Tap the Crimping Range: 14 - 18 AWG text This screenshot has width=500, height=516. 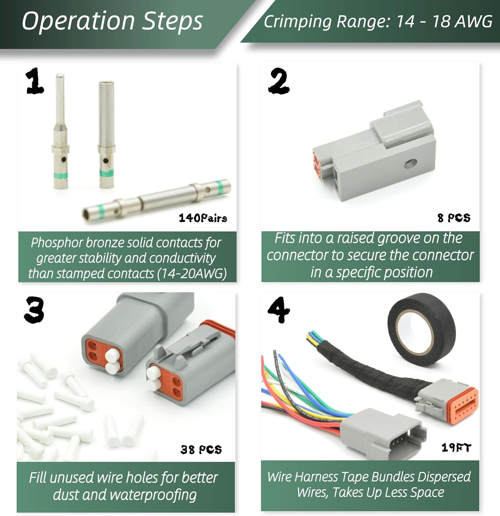(x=378, y=21)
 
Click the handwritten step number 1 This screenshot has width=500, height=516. (x=35, y=81)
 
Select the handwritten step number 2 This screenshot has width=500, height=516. (x=279, y=81)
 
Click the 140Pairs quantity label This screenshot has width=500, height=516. (x=203, y=218)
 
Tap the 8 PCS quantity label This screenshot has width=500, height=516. (x=454, y=218)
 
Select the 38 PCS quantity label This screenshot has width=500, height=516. (x=201, y=449)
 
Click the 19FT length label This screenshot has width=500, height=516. (x=456, y=447)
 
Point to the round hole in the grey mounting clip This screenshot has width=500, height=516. (x=410, y=163)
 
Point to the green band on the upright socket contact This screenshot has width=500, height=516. (x=107, y=172)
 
